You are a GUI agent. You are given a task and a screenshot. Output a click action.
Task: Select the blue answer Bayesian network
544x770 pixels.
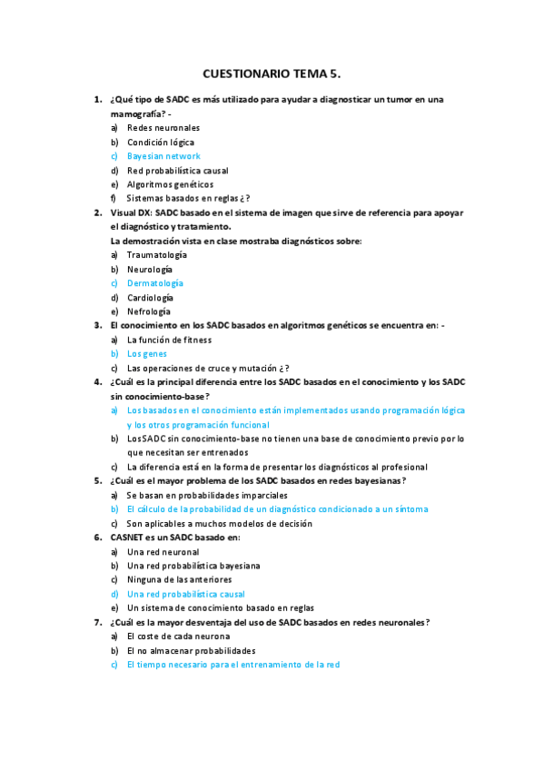tap(163, 156)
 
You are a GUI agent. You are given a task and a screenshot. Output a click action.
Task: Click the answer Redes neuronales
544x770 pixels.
tap(163, 128)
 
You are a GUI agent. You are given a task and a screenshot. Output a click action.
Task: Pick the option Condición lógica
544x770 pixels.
tap(161, 143)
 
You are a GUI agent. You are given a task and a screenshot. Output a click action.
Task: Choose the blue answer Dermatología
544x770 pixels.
tap(154, 283)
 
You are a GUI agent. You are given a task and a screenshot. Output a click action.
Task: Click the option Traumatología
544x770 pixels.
tap(156, 255)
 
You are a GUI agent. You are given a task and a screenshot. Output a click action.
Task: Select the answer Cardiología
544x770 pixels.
tap(150, 298)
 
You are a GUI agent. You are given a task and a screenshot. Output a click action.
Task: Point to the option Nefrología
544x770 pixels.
tap(149, 311)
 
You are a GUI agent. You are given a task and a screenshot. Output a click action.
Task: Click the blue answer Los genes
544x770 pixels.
tap(147, 354)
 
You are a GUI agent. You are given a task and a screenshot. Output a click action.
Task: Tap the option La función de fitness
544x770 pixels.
tap(169, 340)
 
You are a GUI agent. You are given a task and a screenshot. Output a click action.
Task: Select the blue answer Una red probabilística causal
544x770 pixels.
tap(186, 594)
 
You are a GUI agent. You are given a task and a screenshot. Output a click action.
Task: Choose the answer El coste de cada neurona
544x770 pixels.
tap(178, 637)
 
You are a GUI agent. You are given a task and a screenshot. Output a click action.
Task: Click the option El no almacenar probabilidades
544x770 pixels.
tap(191, 650)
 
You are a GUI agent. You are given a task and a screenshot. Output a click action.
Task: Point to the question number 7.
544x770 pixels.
tap(97, 622)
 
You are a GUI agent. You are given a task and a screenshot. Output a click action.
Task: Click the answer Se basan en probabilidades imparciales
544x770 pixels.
tap(207, 496)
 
